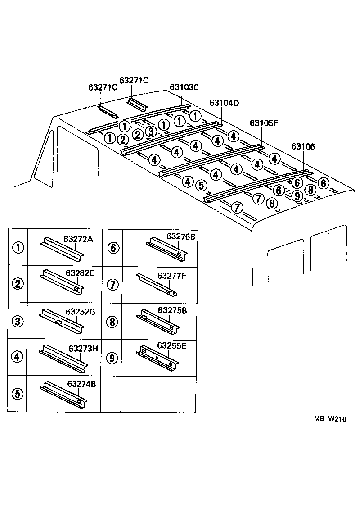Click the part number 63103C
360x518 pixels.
pyautogui.click(x=184, y=87)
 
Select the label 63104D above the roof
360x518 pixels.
pyautogui.click(x=224, y=103)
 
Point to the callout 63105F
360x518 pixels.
pyautogui.click(x=264, y=123)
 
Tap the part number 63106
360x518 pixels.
pyautogui.click(x=303, y=146)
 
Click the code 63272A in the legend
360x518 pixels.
pyautogui.click(x=78, y=239)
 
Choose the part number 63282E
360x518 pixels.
pyautogui.click(x=80, y=273)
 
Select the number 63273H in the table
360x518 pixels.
pyautogui.click(x=83, y=348)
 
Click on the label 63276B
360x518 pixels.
pyautogui.click(x=180, y=236)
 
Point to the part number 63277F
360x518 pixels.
pyautogui.click(x=171, y=275)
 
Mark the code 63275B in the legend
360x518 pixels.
pyautogui.click(x=172, y=311)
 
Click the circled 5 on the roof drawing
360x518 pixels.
pyautogui.click(x=201, y=185)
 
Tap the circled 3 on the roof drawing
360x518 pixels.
pyautogui.click(x=151, y=132)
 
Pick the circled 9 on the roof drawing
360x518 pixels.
pyautogui.click(x=297, y=195)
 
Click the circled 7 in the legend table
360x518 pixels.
pyautogui.click(x=112, y=284)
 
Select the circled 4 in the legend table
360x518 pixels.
pyautogui.click(x=17, y=357)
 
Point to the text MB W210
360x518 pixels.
pyautogui.click(x=330, y=419)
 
